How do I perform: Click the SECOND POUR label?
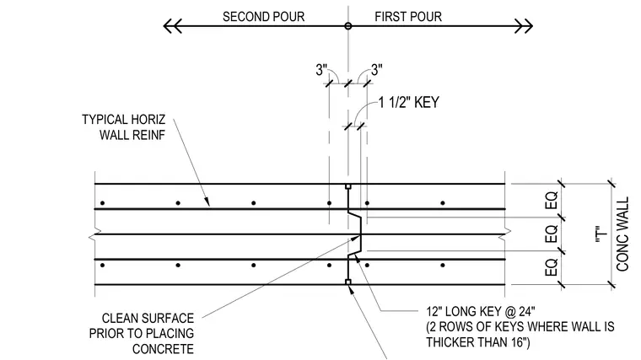pos(264,17)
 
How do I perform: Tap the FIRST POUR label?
pos(408,17)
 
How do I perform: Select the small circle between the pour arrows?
pos(347,26)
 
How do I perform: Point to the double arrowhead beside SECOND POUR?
pos(173,26)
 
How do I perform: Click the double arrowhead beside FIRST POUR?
pos(524,26)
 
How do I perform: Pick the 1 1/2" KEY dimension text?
pos(409,102)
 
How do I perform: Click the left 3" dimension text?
pos(321,70)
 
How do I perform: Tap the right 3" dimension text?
pos(376,70)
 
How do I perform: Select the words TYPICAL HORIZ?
pos(123,120)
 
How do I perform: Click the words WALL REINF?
pos(132,135)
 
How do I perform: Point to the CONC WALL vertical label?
pos(622,234)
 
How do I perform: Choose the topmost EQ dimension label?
pos(552,201)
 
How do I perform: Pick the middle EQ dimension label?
pos(552,234)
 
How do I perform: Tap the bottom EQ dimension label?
pos(552,266)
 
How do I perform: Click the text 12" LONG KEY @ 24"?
pos(481,312)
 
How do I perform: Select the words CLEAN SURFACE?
pos(148,319)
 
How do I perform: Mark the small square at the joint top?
pos(347,186)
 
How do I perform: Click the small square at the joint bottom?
pos(347,282)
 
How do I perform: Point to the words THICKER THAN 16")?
pos(478,342)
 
